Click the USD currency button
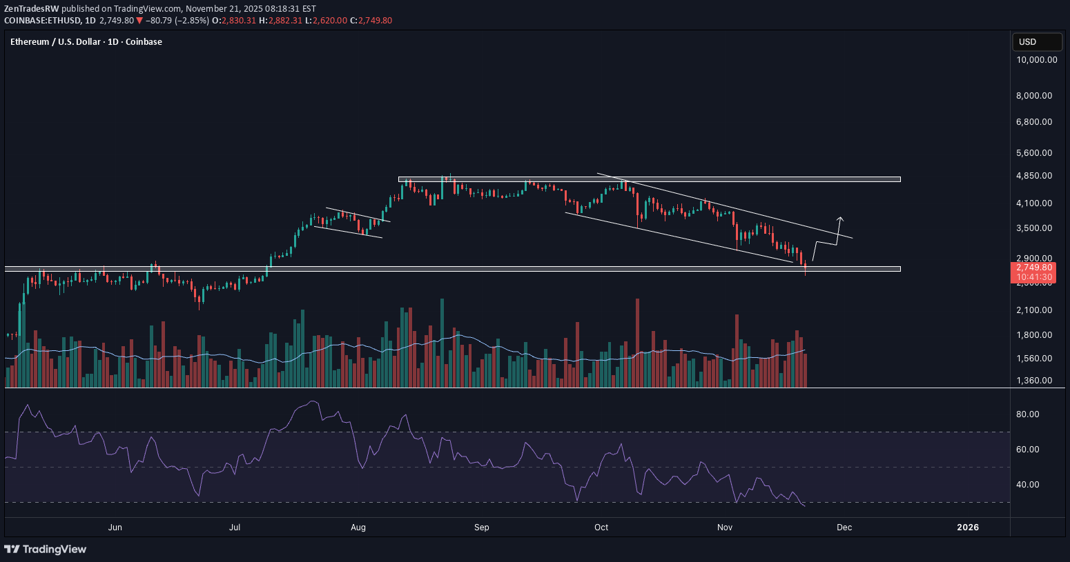(x=1036, y=42)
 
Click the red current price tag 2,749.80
(x=1033, y=268)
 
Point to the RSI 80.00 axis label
(x=1028, y=414)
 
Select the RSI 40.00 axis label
(x=1028, y=485)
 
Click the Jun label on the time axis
(x=115, y=528)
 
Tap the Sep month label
(x=481, y=528)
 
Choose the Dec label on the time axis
(x=844, y=528)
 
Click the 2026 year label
(x=967, y=528)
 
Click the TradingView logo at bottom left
(x=46, y=550)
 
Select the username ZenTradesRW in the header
(x=32, y=9)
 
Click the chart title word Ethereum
(x=30, y=42)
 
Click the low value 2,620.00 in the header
(x=329, y=21)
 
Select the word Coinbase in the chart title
(x=144, y=42)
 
